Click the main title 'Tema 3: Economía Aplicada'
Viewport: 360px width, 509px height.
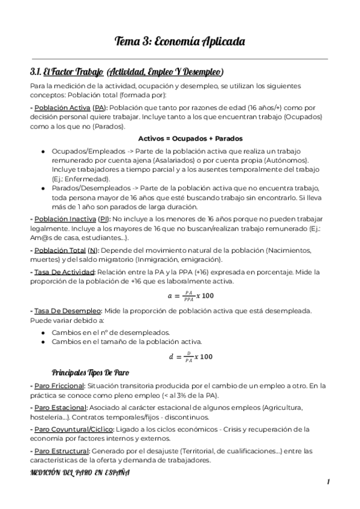(x=179, y=41)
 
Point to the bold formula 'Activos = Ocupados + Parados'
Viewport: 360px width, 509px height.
(x=179, y=138)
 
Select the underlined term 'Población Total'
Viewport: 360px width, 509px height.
(x=59, y=250)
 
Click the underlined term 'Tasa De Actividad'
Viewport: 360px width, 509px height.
(x=64, y=272)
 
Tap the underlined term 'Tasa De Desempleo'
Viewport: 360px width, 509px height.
(x=66, y=311)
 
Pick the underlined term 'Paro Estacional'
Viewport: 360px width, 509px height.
(x=59, y=408)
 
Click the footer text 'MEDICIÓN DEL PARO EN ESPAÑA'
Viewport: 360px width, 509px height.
(x=79, y=472)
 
